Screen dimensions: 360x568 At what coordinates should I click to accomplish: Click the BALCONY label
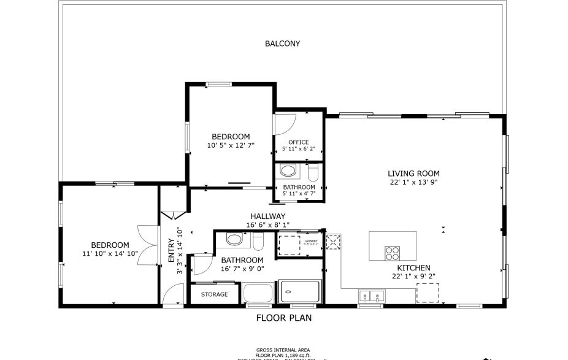click(282, 44)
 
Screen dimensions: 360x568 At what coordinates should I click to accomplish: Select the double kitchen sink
click(371, 296)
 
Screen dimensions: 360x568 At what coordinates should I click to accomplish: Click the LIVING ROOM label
click(413, 174)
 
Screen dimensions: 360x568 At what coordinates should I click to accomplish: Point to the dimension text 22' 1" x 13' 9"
click(413, 182)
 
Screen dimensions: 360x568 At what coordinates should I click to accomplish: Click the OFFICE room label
click(298, 142)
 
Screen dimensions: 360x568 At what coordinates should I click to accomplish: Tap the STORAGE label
click(214, 294)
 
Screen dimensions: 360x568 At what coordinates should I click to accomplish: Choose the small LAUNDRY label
click(311, 241)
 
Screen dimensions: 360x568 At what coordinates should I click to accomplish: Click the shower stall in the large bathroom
click(300, 291)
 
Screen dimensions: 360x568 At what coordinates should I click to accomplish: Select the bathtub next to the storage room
click(258, 293)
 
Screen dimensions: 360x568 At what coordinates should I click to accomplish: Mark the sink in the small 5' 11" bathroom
click(286, 170)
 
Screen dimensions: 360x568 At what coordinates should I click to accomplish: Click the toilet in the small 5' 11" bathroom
click(312, 170)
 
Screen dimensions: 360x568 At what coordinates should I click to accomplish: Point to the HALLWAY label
click(267, 216)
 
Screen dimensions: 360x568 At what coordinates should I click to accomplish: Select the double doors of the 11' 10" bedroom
click(145, 246)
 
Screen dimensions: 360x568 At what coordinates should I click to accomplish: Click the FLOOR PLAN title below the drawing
click(283, 318)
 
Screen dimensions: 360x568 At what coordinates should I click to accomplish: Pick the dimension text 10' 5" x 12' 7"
click(231, 145)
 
